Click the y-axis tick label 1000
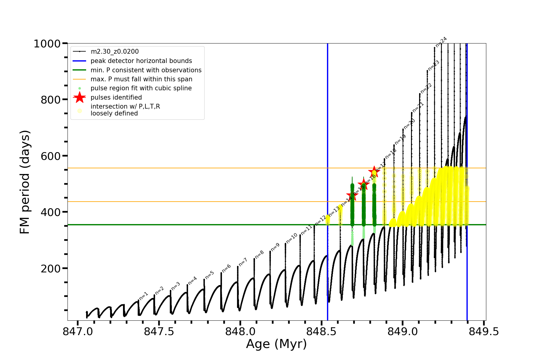(x=47, y=44)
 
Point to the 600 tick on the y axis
(x=51, y=156)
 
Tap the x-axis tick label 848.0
(x=240, y=331)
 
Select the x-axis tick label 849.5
(x=484, y=331)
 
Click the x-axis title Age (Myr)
(x=276, y=344)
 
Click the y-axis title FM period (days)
(x=25, y=182)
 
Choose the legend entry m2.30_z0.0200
(x=115, y=52)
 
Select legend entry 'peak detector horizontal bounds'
(x=141, y=61)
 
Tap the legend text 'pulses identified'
(x=116, y=97)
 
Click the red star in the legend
(x=79, y=97)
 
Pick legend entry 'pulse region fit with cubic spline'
(x=141, y=88)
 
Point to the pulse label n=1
(x=144, y=296)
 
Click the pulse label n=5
(x=209, y=275)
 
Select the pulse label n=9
(x=275, y=247)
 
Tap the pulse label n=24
(x=441, y=42)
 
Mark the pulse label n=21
(x=418, y=107)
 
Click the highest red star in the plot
(x=374, y=172)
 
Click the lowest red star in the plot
(x=352, y=195)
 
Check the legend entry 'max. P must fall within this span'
(x=141, y=79)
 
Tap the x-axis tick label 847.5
(x=159, y=331)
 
